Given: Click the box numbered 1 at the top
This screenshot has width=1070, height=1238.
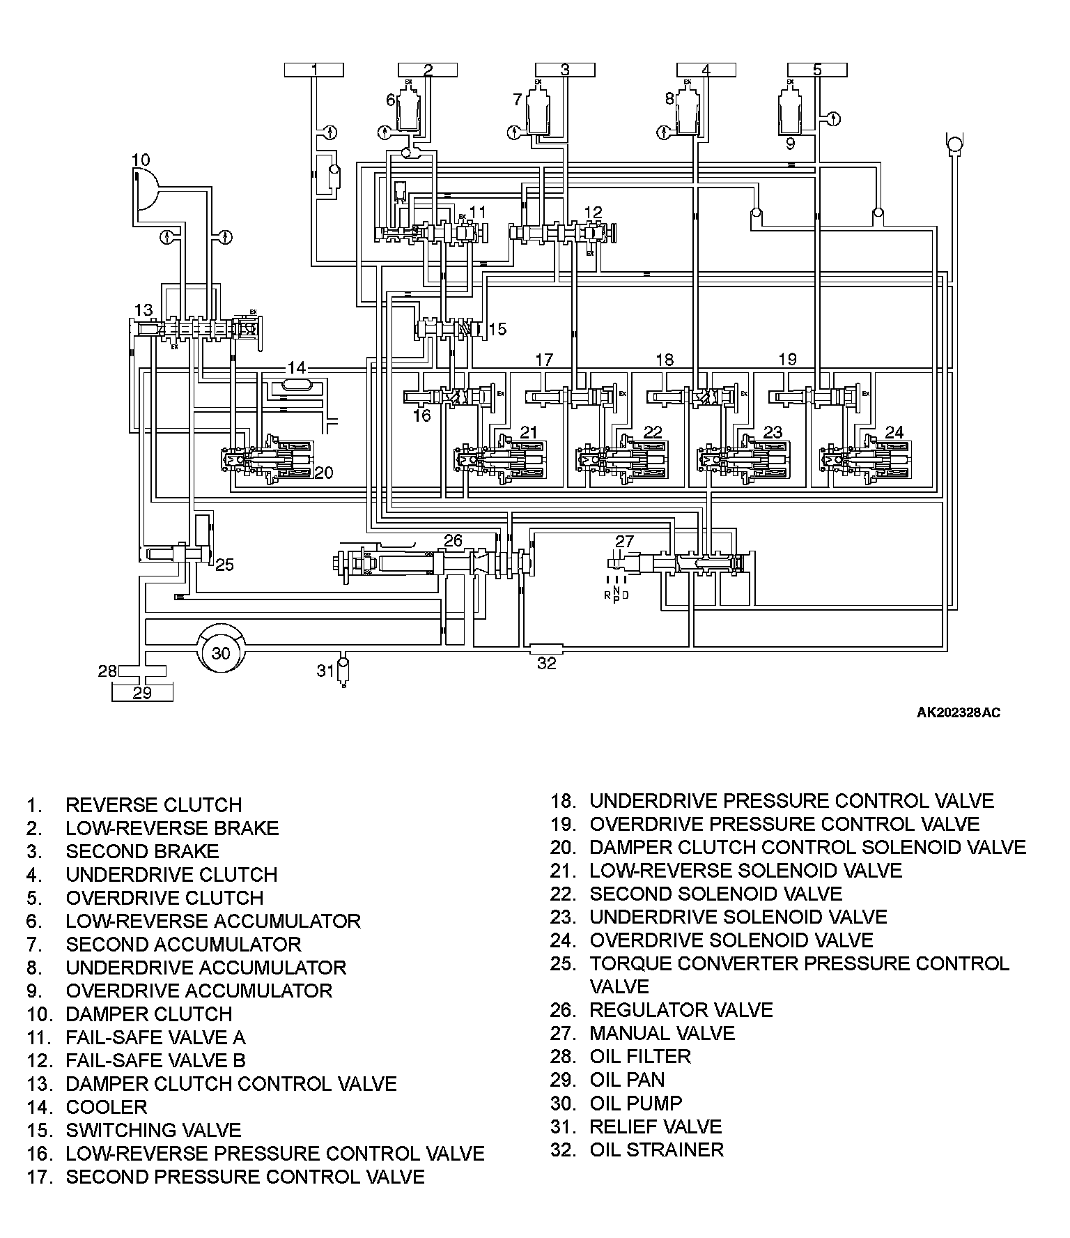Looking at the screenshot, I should (314, 69).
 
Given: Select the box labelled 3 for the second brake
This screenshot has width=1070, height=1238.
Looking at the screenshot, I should (565, 69).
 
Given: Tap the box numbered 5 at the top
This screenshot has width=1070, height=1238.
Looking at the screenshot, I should (817, 69).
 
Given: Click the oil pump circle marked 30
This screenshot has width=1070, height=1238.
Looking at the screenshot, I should (221, 652).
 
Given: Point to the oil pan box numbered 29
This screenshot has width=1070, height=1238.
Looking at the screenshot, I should (142, 692).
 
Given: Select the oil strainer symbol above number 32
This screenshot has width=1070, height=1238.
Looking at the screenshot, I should (547, 648).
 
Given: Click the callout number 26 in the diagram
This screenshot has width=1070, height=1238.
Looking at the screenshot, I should (453, 540).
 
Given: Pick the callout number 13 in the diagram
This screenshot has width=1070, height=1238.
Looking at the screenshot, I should (143, 309).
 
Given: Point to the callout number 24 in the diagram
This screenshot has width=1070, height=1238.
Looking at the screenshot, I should (894, 432).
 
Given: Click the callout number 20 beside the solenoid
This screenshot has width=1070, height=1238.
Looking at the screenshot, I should (324, 473).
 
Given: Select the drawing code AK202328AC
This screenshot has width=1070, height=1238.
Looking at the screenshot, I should (959, 712).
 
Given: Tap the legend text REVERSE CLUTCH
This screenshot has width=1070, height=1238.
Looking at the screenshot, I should (153, 805).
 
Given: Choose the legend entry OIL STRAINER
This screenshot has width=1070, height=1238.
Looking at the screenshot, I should (656, 1149).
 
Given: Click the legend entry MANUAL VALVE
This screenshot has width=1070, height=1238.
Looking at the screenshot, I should (662, 1033).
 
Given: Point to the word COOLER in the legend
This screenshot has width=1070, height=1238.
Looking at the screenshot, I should (107, 1107).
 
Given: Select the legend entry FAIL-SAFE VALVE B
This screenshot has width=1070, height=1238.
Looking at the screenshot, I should (155, 1060).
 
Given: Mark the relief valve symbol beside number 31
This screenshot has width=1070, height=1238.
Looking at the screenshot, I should (343, 670).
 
